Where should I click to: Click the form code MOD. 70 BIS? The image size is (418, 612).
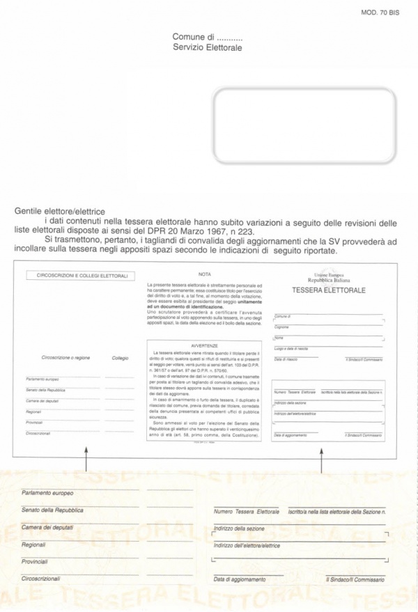coord(380,12)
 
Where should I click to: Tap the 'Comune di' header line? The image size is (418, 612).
coord(207,37)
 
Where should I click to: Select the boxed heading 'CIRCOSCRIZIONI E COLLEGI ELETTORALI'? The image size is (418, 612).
coord(82,276)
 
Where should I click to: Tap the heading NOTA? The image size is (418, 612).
coord(204,274)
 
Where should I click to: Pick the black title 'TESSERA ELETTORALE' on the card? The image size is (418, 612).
coord(329,290)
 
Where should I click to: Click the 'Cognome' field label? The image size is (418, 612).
coord(281,327)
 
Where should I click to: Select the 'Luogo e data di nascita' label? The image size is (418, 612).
coord(291,347)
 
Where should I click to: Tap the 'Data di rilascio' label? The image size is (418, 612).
coord(286,359)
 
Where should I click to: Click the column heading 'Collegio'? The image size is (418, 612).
coord(120,358)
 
